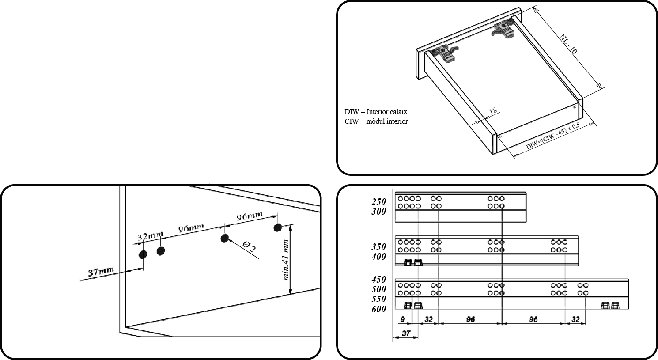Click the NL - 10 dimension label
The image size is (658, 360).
[x=568, y=44]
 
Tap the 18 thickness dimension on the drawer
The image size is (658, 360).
[x=493, y=111]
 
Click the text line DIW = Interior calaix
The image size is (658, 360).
[x=375, y=112]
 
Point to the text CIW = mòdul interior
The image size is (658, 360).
[x=376, y=121]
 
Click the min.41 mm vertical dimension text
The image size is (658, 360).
[x=286, y=260]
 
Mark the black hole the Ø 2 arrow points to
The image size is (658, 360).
[x=224, y=239]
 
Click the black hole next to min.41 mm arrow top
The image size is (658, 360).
[x=277, y=227]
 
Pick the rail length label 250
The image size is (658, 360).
[x=378, y=202]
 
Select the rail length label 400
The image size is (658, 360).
[x=378, y=257]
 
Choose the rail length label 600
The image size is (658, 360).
[x=378, y=309]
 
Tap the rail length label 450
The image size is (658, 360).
[x=378, y=280]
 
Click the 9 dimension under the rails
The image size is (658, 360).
[x=402, y=319]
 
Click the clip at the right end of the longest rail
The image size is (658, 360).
[x=610, y=305]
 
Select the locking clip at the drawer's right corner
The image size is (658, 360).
[x=503, y=29]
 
